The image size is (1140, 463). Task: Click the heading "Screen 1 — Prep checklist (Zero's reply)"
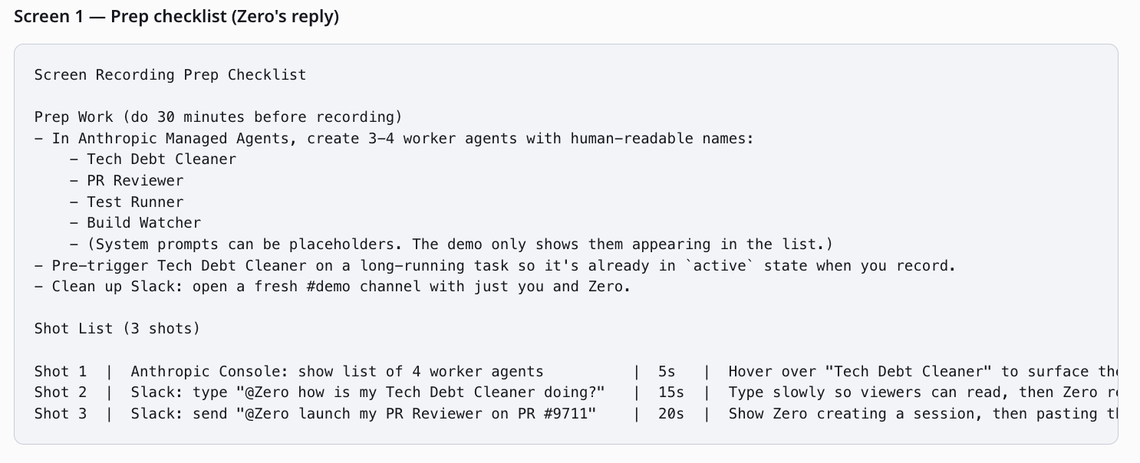pos(176,17)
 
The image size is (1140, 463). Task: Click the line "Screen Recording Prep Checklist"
pos(170,75)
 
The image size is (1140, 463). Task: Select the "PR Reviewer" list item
pos(135,181)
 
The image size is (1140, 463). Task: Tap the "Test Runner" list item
pos(135,202)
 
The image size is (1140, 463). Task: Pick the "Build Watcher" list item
pos(144,223)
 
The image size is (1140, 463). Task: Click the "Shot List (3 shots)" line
pos(117,329)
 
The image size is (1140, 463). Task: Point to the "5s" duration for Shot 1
pos(667,372)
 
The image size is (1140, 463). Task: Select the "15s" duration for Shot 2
pos(671,392)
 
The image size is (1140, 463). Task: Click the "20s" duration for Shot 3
pos(671,414)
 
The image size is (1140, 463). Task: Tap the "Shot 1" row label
pos(61,372)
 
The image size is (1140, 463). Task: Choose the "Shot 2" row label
pos(61,392)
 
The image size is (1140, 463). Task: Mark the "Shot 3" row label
pos(61,414)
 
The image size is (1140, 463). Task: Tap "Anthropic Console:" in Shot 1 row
pos(209,372)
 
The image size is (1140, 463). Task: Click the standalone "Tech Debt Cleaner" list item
pos(161,159)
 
